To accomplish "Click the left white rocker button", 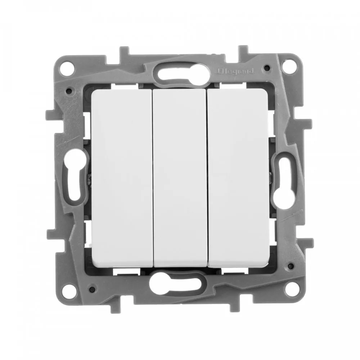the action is coord(122,178).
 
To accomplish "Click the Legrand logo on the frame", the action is coord(235,71).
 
